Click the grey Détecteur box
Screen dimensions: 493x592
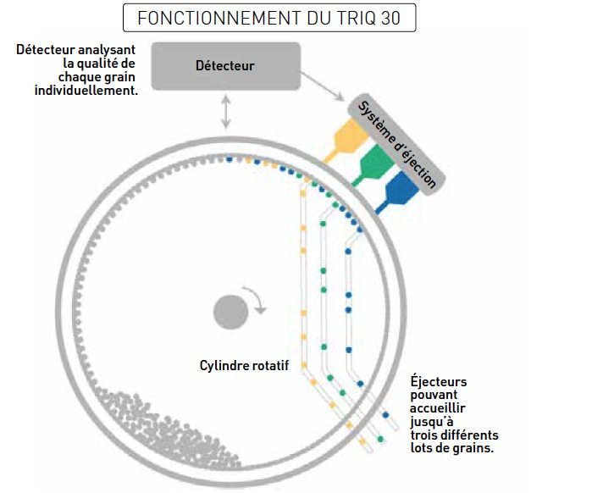pos(224,65)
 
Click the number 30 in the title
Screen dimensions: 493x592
pos(394,18)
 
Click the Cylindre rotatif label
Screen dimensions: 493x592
pos(244,366)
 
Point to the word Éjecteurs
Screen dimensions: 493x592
pos(438,382)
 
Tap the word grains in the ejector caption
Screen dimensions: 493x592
pos(474,447)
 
